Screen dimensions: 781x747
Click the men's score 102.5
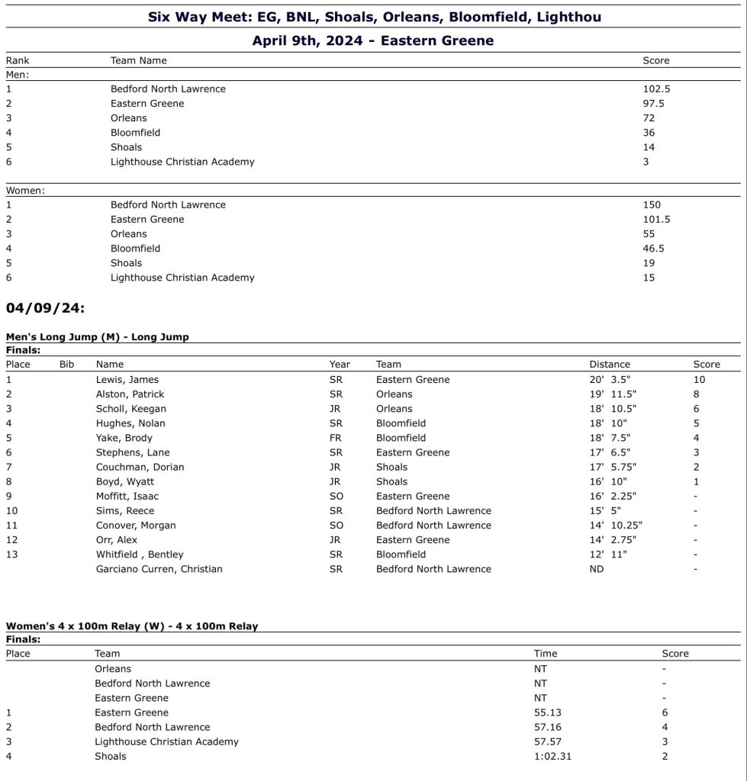click(656, 89)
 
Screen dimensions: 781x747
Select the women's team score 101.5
click(656, 220)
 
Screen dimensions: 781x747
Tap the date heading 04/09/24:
click(45, 308)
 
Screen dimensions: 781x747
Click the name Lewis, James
click(127, 380)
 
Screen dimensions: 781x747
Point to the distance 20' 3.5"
click(612, 380)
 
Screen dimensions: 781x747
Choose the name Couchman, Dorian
click(140, 468)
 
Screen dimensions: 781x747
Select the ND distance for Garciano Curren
click(596, 570)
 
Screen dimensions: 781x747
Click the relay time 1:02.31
click(552, 757)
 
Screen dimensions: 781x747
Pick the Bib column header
click(67, 365)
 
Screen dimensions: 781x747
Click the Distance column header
click(610, 365)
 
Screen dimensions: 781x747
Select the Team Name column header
click(138, 61)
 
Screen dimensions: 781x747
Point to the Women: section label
click(25, 191)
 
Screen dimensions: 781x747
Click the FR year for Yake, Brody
click(336, 439)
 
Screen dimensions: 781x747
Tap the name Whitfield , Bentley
click(140, 555)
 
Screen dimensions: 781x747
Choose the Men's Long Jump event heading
click(97, 337)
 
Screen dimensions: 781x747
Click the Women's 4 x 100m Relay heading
click(131, 626)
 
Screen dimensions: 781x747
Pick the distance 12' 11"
click(607, 555)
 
